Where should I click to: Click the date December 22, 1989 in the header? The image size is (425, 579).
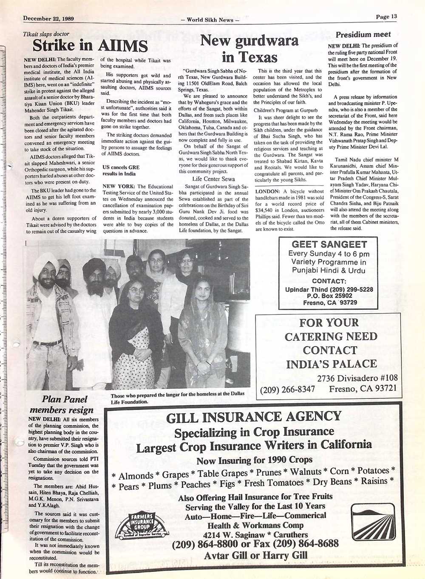(48, 18)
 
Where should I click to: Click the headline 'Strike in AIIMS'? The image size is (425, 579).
(90, 45)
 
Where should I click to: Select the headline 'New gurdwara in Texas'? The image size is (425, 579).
(249, 48)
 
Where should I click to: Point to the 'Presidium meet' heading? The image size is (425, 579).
(363, 35)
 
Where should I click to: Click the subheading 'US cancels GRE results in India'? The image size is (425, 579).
(121, 170)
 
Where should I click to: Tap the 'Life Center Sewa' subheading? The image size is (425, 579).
(213, 179)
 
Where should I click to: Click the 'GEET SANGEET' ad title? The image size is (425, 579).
(329, 244)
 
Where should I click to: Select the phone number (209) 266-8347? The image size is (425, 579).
(288, 389)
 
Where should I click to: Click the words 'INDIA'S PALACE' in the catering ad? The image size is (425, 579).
(331, 364)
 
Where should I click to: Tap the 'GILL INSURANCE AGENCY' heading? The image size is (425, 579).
(253, 417)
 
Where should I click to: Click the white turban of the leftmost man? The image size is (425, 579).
(45, 261)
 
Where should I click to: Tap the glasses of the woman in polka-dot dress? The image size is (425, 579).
(136, 291)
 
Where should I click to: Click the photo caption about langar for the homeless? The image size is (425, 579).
(177, 397)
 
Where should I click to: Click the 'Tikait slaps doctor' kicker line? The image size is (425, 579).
(46, 34)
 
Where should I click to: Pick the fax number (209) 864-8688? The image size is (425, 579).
(306, 544)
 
